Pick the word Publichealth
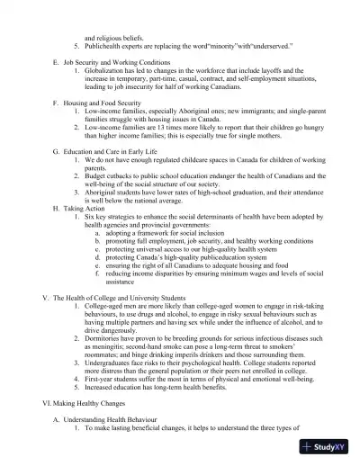[x=107, y=44]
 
